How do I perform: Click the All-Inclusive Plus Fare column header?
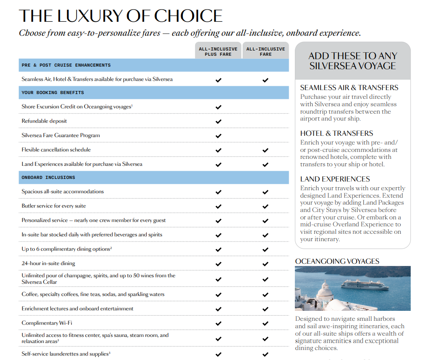[218, 51]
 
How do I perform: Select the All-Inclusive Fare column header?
[265, 51]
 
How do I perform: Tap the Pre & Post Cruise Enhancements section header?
[66, 65]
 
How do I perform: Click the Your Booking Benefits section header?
[53, 93]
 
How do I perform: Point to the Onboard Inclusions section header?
[48, 178]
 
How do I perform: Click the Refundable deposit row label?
[44, 121]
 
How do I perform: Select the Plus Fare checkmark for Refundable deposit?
[219, 121]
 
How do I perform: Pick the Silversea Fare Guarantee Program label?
[61, 135]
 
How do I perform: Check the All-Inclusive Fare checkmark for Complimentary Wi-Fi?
[265, 323]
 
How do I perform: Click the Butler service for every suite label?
[54, 206]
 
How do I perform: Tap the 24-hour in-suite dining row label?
[48, 263]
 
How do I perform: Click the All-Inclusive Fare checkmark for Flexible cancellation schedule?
[265, 150]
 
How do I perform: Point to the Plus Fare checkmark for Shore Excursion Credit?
[219, 107]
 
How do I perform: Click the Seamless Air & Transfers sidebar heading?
[349, 87]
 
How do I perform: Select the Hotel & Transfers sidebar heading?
[337, 133]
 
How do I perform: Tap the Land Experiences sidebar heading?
[335, 179]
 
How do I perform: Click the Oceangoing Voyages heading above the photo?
[337, 261]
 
